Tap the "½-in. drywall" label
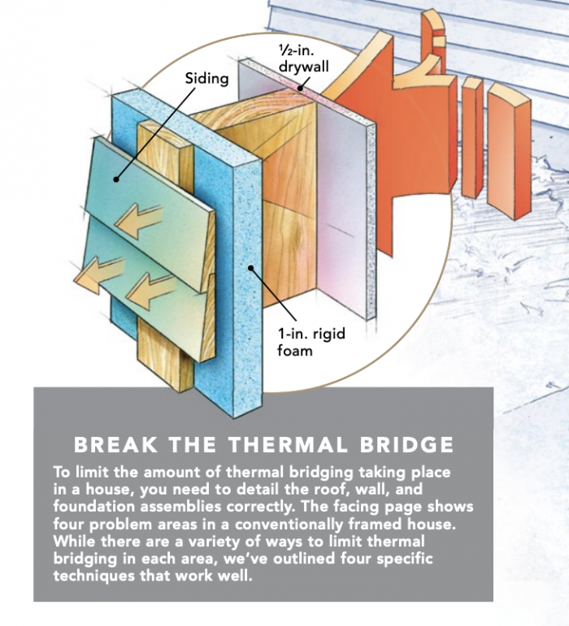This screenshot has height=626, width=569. point(303,56)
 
